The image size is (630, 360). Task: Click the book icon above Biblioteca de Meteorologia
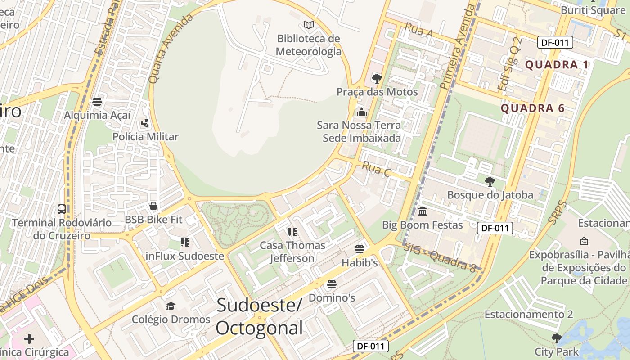[308, 25]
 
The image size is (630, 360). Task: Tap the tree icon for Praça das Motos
[377, 79]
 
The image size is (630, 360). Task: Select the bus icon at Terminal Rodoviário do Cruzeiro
[62, 209]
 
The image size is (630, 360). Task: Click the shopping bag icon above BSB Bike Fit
[153, 206]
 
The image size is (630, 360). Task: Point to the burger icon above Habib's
[359, 249]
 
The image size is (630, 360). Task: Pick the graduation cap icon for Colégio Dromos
[171, 306]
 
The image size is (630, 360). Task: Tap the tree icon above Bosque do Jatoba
[490, 182]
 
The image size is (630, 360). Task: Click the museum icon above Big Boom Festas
[423, 211]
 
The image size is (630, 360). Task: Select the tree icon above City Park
[557, 338]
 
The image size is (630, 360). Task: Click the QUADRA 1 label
[557, 65]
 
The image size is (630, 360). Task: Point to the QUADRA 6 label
[533, 108]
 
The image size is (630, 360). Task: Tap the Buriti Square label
[593, 10]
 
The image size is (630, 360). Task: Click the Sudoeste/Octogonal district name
[259, 317]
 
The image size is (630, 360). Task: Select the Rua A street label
[418, 30]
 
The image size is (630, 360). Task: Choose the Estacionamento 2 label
[529, 314]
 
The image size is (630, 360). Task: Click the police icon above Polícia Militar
[145, 123]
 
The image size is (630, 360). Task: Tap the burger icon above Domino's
[332, 284]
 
